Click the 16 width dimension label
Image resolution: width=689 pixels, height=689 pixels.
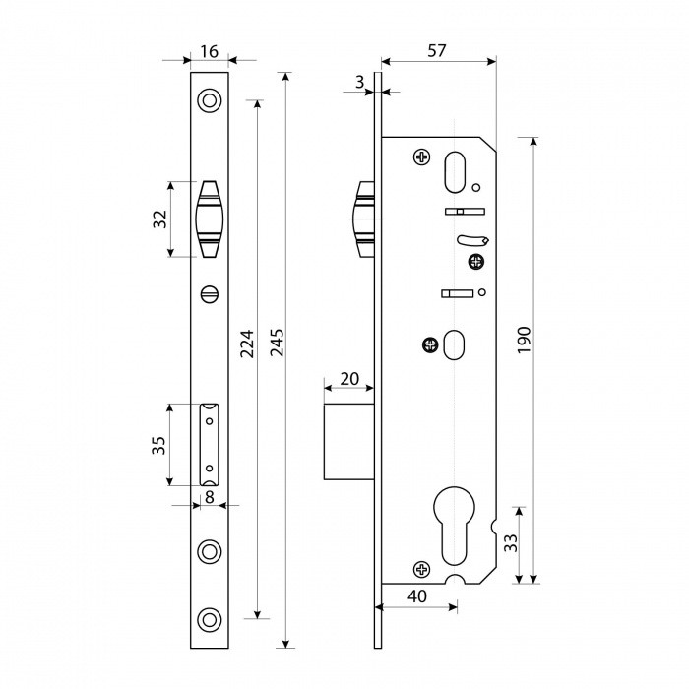pyautogui.click(x=210, y=51)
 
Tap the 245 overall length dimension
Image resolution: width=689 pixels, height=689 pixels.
pyautogui.click(x=277, y=343)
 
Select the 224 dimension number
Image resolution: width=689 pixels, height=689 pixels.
pyautogui.click(x=247, y=344)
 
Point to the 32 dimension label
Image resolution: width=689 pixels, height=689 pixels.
pyautogui.click(x=160, y=219)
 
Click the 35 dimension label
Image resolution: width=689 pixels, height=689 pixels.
pyautogui.click(x=158, y=445)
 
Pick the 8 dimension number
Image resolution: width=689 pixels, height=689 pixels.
pyautogui.click(x=210, y=497)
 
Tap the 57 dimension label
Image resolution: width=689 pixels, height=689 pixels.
pyautogui.click(x=437, y=51)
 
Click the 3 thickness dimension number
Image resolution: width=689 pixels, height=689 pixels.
pyautogui.click(x=360, y=82)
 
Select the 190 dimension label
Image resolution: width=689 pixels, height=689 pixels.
pyautogui.click(x=525, y=340)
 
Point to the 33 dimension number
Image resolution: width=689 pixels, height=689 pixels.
pyautogui.click(x=510, y=543)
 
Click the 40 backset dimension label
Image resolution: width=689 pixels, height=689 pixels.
pyautogui.click(x=417, y=596)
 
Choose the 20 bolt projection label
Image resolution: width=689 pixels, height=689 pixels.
pyautogui.click(x=349, y=378)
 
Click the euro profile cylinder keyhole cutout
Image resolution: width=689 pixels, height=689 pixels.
pyautogui.click(x=454, y=525)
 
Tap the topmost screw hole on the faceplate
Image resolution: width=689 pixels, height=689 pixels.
pyautogui.click(x=209, y=100)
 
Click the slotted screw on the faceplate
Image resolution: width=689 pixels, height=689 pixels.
pyautogui.click(x=210, y=294)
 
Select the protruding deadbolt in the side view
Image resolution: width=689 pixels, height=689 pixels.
pyautogui.click(x=348, y=442)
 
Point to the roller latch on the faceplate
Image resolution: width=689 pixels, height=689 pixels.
pyautogui.click(x=209, y=219)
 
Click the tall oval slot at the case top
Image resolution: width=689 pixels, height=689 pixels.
pyautogui.click(x=455, y=172)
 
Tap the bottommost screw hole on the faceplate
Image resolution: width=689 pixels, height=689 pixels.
pyautogui.click(x=209, y=619)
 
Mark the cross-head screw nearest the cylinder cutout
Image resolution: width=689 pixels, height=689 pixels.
pyautogui.click(x=422, y=570)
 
